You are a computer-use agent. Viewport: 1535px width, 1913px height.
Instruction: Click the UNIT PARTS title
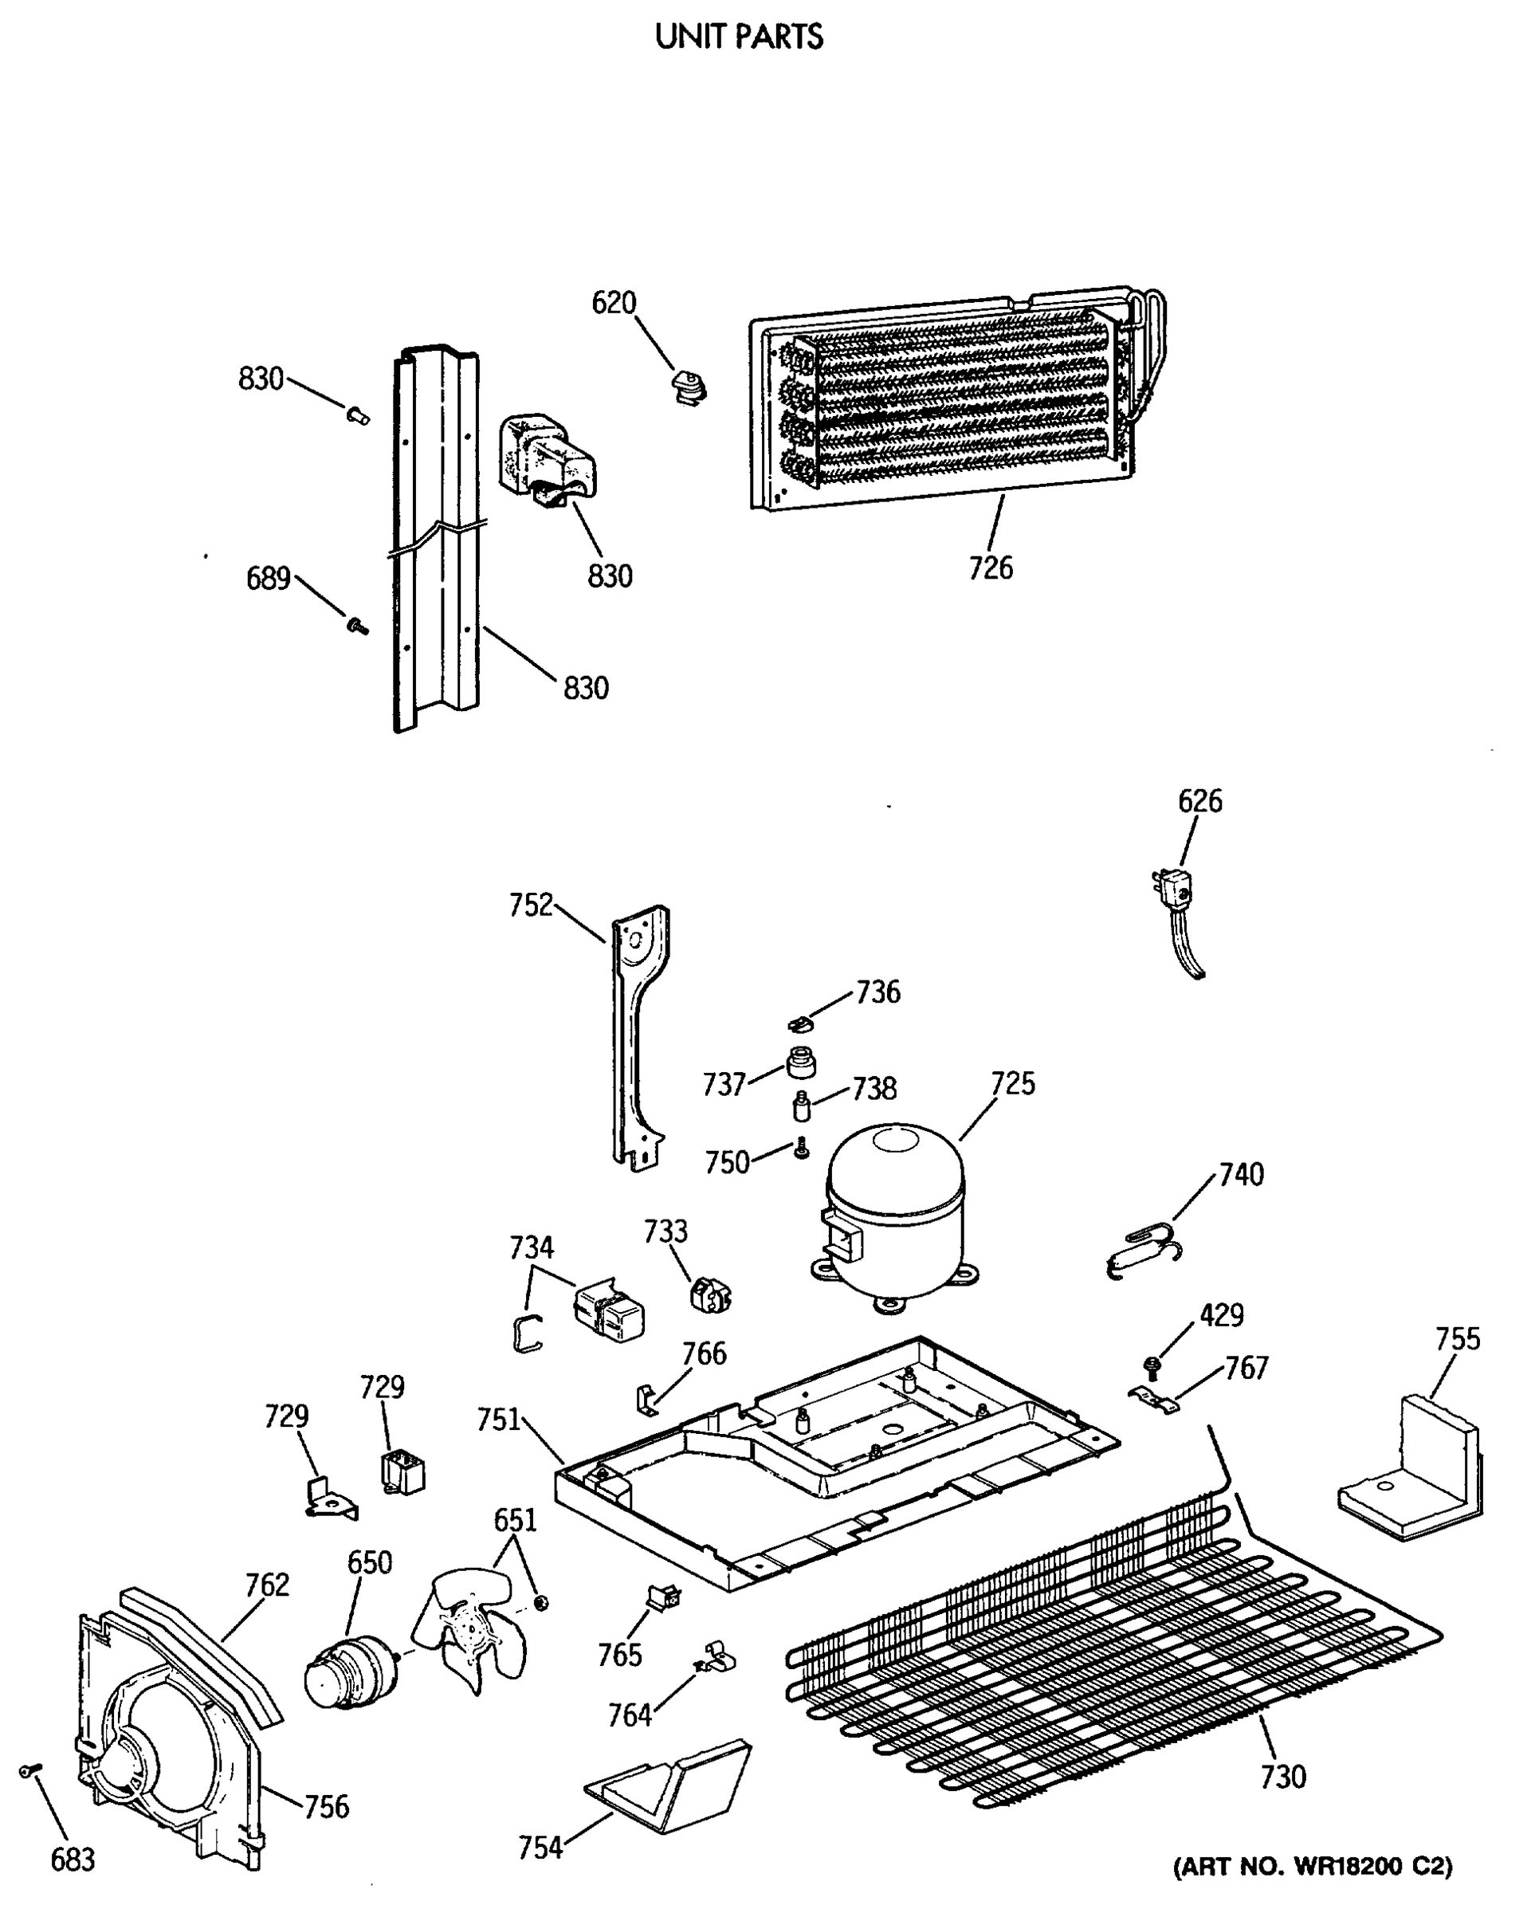pos(738,37)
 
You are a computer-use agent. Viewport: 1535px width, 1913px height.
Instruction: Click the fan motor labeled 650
pos(349,1671)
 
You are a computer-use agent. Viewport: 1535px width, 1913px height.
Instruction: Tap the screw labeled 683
pos(28,1771)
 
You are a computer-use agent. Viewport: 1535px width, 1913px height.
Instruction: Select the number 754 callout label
pos(540,1848)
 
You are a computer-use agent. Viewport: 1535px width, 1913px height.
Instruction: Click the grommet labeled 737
pos(800,1063)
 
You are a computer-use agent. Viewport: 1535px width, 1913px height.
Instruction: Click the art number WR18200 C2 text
pos(1313,1866)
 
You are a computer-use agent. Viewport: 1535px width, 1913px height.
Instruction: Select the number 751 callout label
pos(499,1420)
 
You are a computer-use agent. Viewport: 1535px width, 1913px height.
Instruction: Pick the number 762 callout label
pos(267,1585)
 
